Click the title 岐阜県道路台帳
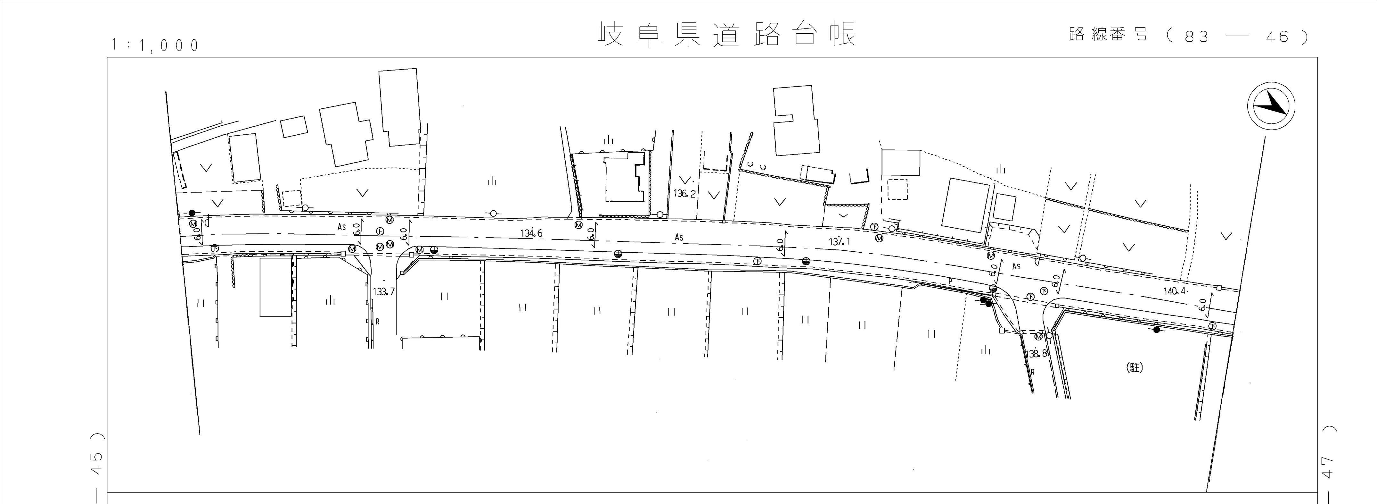(x=726, y=35)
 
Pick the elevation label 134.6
(x=532, y=233)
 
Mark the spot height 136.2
(x=684, y=194)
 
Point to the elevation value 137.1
(x=839, y=242)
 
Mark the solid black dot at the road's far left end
(x=192, y=213)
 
